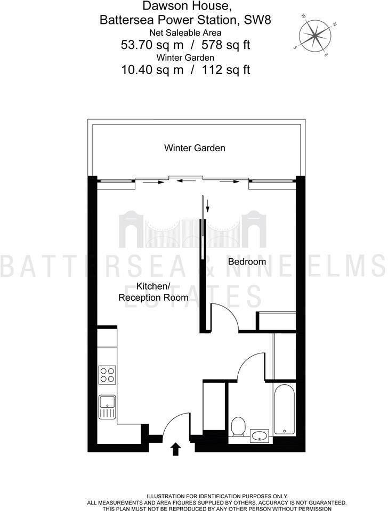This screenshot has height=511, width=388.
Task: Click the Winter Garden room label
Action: coord(195,147)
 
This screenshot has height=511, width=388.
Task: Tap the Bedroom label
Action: coord(247,262)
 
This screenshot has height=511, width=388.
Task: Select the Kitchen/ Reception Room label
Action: coord(153,292)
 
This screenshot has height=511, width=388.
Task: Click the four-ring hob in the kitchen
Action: coord(107,375)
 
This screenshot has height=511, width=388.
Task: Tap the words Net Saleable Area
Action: coord(185,33)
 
